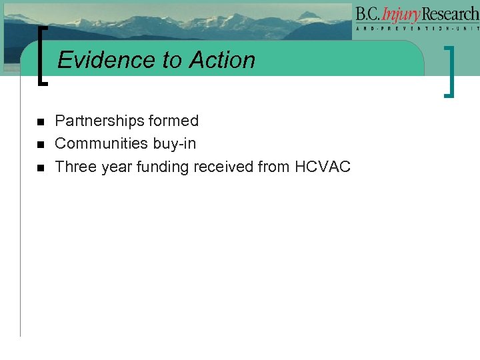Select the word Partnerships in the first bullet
[98, 121]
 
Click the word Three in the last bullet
[75, 167]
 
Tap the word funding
[163, 167]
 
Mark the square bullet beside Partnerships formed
[40, 122]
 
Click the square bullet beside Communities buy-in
[40, 145]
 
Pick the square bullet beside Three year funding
[40, 167]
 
